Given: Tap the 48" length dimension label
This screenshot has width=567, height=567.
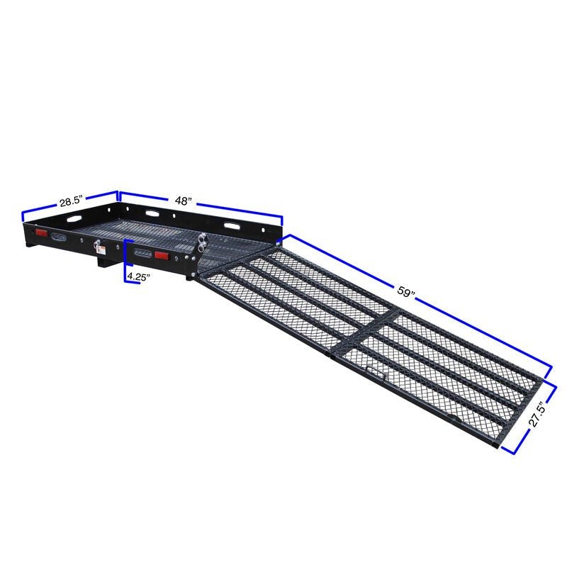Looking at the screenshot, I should click(x=183, y=201).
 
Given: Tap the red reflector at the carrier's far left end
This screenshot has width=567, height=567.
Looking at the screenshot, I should click(x=41, y=234).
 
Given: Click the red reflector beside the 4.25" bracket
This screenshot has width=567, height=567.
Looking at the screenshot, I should click(x=162, y=256).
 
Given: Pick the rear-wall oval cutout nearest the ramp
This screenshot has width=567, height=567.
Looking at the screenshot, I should click(x=232, y=225).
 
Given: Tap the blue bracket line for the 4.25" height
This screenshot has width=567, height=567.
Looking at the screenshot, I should click(x=125, y=262).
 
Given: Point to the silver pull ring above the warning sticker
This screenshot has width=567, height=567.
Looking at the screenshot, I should click(x=94, y=242).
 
